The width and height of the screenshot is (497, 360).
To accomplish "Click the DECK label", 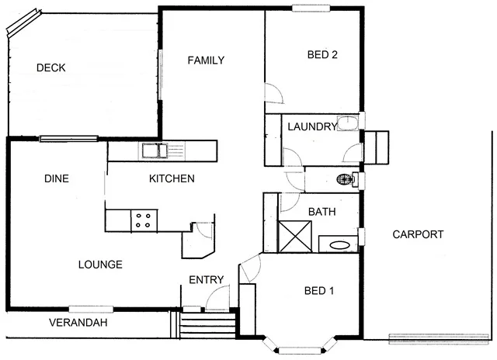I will tap(50, 67).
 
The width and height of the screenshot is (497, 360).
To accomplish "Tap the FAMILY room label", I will tap(207, 61).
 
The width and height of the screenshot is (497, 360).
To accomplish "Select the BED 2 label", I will tap(321, 54).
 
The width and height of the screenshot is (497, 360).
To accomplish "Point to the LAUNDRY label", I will tap(311, 126).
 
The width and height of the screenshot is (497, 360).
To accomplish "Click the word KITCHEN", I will tap(171, 178).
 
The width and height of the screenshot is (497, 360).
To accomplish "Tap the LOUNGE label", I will tap(100, 265).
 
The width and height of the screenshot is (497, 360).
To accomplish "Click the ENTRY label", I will tap(207, 280).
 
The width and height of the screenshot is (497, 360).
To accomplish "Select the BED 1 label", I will tap(318, 291).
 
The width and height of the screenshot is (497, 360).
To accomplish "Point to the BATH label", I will tap(321, 211).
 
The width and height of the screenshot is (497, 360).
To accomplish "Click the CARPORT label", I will tap(418, 234).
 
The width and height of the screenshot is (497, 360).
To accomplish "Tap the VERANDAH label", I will tap(78, 323).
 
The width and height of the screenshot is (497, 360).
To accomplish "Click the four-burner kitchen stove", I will tap(143, 220).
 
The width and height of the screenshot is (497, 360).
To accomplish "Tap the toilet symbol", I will tap(346, 180).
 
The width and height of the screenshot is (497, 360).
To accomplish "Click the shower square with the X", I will tap(295, 237).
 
